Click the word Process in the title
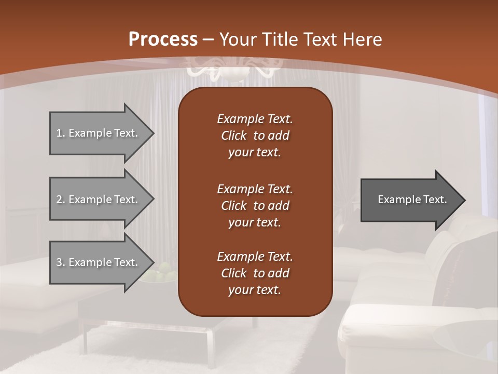[x=163, y=39]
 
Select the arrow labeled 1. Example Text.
[x=99, y=133]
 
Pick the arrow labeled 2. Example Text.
[x=99, y=199]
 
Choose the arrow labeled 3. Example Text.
[x=99, y=262]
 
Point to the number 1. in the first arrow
[x=61, y=133]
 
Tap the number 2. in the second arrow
[x=61, y=199]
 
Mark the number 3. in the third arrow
[x=61, y=262]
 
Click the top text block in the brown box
[x=255, y=136]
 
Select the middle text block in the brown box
[x=255, y=206]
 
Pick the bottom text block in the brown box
[x=255, y=273]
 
